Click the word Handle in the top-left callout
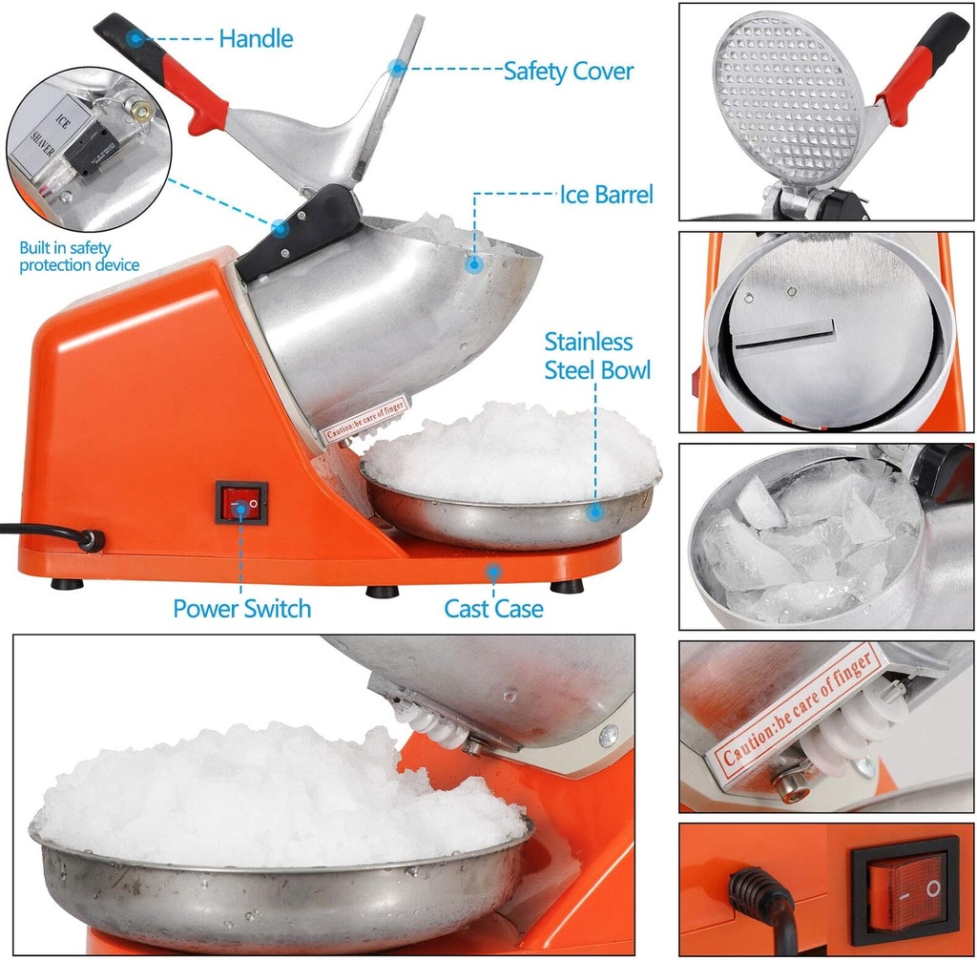[255, 39]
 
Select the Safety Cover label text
[568, 71]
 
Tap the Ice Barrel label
[606, 196]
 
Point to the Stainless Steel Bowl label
[597, 356]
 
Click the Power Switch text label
[241, 609]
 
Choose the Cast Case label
[493, 609]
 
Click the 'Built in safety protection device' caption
[79, 257]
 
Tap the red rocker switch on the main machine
[240, 502]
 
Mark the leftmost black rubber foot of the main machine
[67, 584]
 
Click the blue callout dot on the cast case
[492, 572]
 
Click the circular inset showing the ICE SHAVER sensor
[88, 148]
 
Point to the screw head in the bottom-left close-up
[607, 736]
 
